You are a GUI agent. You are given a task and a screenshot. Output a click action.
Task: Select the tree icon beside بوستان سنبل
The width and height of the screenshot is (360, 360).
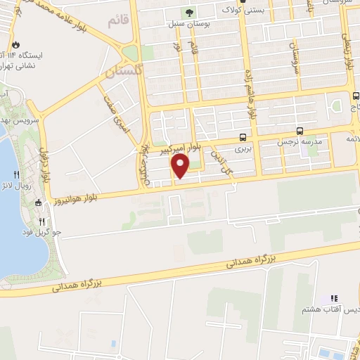[188, 12]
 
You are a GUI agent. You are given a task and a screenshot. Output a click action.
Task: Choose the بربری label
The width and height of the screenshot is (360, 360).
[243, 149]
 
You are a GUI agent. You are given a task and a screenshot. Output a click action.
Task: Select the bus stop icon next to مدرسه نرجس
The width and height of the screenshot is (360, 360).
[300, 131]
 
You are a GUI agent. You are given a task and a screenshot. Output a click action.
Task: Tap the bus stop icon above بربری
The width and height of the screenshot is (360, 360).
[243, 137]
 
